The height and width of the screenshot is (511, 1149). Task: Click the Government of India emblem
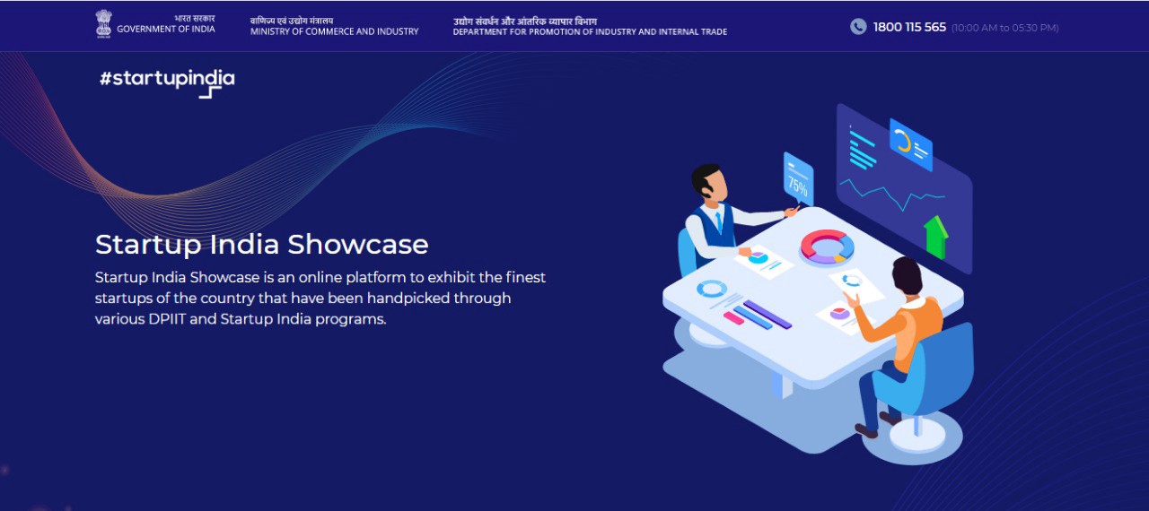pyautogui.click(x=103, y=23)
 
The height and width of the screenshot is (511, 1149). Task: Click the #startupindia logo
pyautogui.click(x=167, y=80)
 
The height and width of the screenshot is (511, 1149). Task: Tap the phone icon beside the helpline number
pyautogui.click(x=858, y=27)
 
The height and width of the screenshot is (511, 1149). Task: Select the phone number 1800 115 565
pyautogui.click(x=909, y=27)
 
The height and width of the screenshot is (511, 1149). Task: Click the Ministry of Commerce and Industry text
pyautogui.click(x=334, y=31)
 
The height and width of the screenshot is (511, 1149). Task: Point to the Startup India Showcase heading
pyautogui.click(x=261, y=245)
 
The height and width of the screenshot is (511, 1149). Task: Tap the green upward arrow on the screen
pyautogui.click(x=936, y=236)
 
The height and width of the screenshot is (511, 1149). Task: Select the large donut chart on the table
pyautogui.click(x=826, y=247)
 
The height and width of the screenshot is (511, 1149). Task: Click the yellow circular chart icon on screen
pyautogui.click(x=903, y=142)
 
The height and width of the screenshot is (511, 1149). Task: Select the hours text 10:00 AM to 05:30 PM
pyautogui.click(x=1004, y=28)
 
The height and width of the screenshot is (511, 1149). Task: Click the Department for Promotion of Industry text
pyautogui.click(x=590, y=31)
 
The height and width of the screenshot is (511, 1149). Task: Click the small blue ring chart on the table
pyautogui.click(x=712, y=289)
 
